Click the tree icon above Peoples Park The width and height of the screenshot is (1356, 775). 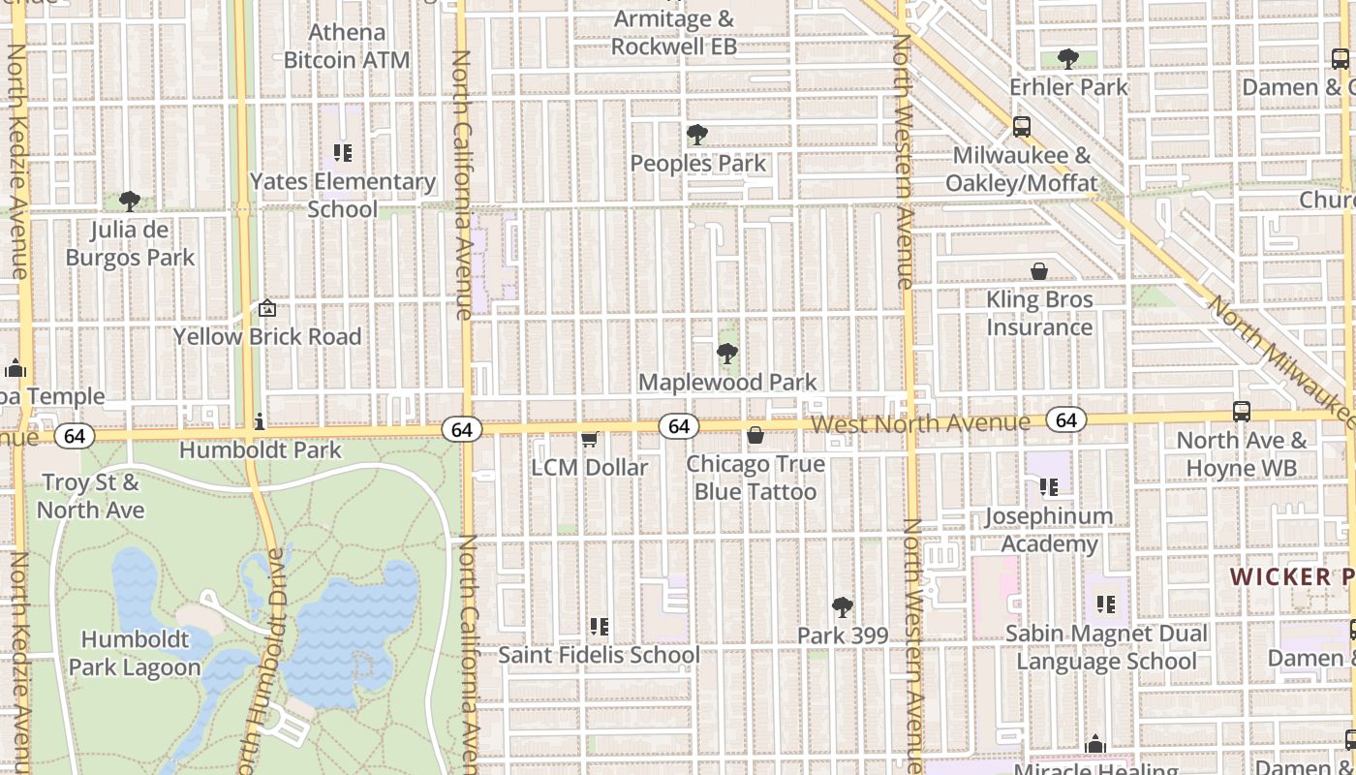click(696, 135)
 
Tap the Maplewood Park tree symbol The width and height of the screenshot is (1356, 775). click(727, 354)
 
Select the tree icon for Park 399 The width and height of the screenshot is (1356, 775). click(843, 607)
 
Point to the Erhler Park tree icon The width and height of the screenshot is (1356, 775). click(1068, 59)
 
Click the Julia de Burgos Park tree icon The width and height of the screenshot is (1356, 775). click(130, 201)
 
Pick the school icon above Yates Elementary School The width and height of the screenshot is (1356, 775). click(342, 153)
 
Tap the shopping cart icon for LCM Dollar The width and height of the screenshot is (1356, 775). click(589, 439)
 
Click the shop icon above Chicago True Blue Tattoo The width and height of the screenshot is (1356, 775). click(755, 435)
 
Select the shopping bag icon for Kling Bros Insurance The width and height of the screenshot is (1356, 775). click(1039, 270)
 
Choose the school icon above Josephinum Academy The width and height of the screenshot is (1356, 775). click(1048, 486)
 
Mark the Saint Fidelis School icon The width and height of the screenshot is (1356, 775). click(599, 627)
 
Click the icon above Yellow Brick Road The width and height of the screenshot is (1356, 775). click(267, 309)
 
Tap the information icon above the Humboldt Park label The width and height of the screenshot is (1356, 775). click(260, 421)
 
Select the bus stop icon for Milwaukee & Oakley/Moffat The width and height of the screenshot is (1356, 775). click(1021, 126)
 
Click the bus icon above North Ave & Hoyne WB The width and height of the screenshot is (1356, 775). click(1241, 411)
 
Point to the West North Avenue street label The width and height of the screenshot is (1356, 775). click(920, 424)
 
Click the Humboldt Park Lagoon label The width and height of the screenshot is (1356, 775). click(135, 654)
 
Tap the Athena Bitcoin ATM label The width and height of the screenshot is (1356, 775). click(347, 46)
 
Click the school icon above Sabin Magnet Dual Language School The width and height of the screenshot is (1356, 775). click(1106, 605)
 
